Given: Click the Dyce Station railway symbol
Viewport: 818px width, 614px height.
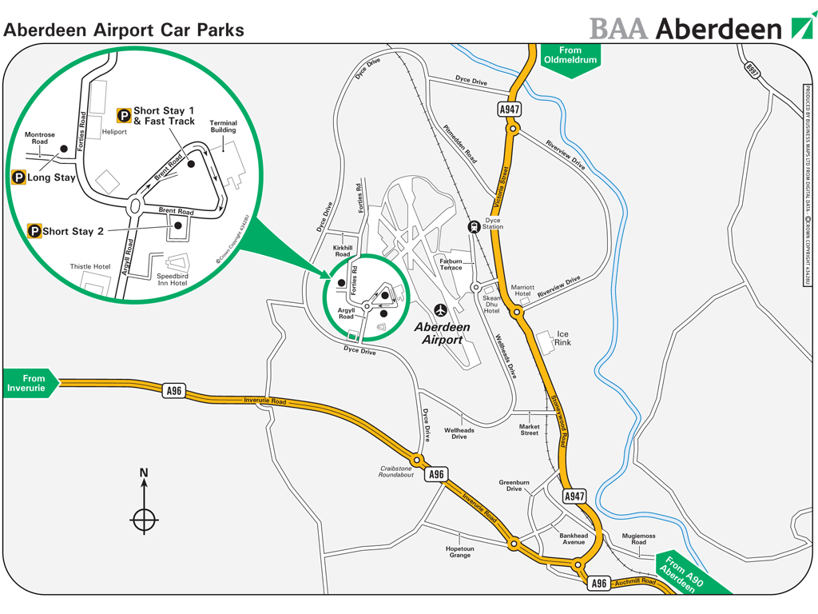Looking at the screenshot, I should [475, 226].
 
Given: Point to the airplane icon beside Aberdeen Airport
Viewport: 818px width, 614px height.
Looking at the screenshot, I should [440, 309].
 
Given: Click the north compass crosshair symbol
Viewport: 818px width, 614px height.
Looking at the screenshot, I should [144, 520].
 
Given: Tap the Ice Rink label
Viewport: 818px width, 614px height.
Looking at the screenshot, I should [563, 337].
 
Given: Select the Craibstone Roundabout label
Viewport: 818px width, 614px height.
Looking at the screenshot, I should [395, 471].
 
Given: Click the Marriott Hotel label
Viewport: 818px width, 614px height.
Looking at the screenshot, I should [523, 289].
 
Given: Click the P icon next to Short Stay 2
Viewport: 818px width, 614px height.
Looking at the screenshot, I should [34, 231].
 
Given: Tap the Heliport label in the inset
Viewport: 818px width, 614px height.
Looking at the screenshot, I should [114, 131].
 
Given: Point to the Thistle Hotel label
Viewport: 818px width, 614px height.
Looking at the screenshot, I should [90, 266].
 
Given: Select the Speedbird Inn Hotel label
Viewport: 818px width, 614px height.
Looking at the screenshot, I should [172, 279].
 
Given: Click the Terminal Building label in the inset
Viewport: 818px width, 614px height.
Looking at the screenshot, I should [223, 127].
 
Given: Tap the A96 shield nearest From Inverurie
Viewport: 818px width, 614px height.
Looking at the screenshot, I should [173, 390].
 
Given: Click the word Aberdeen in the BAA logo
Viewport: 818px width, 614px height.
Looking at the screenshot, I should [718, 29].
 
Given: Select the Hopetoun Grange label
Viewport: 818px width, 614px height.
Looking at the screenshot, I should [460, 552].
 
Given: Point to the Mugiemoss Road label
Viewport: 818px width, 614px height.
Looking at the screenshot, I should [638, 539].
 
